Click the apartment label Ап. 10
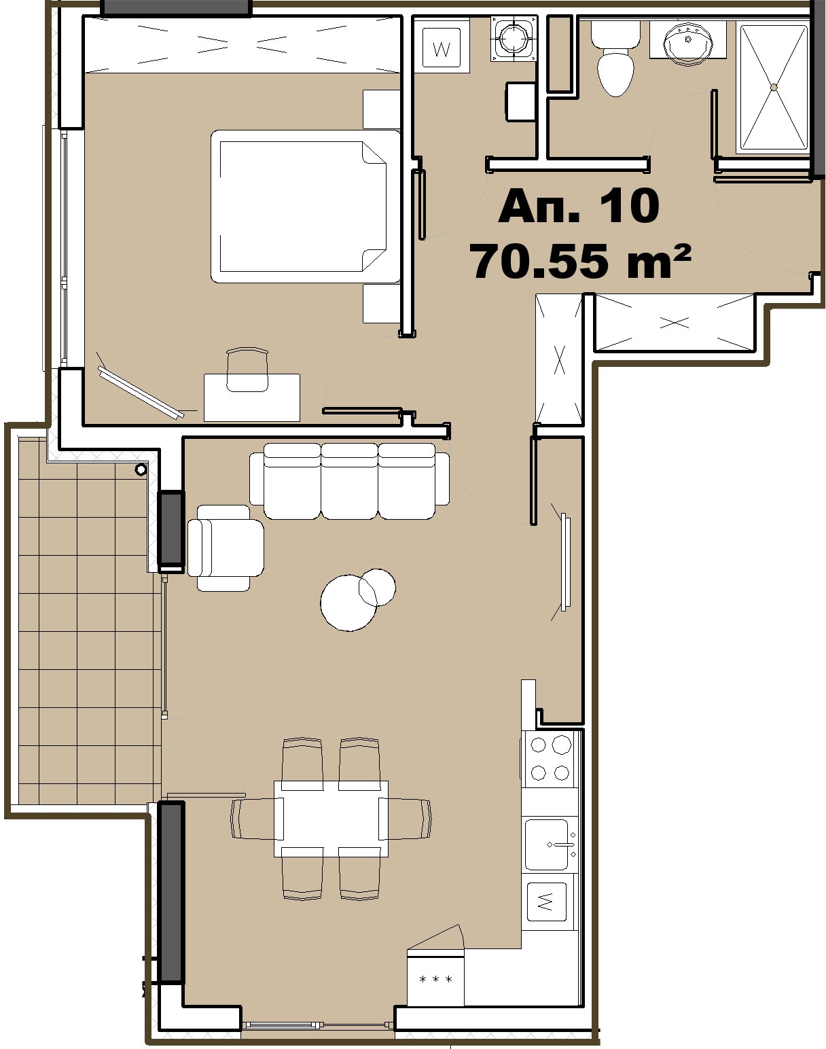coord(579,206)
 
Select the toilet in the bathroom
coord(615,57)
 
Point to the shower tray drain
coord(774,87)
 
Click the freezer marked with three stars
coord(435,977)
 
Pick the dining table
coord(331,819)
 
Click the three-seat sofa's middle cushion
coord(349,480)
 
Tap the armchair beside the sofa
coord(225,548)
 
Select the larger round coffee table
coord(348,603)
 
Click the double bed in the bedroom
coord(306,206)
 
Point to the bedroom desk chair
coord(247,370)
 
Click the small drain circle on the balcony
coord(141,469)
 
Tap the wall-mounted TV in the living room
coord(565,562)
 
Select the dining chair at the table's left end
coord(253,819)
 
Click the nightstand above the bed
coord(381,109)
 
